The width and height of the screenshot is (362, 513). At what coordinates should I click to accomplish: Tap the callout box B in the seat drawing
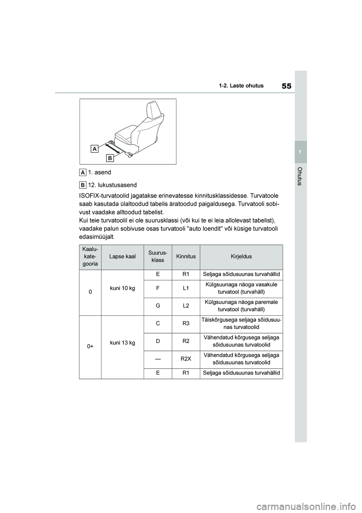(110, 158)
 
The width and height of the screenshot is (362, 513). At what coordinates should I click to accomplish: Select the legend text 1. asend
(100, 173)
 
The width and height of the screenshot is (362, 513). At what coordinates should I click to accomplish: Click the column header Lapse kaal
(122, 257)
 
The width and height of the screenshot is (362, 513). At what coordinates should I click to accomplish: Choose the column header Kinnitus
(186, 257)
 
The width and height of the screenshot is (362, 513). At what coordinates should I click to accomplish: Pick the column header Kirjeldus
(241, 257)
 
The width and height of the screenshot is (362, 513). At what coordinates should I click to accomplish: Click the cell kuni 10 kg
(122, 288)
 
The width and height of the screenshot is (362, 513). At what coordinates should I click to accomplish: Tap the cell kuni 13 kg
(122, 343)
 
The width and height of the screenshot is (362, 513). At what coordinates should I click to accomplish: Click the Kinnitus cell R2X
(186, 358)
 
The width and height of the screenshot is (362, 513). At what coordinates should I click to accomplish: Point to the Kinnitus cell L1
(186, 288)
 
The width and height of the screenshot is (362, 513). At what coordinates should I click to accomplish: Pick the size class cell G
(158, 306)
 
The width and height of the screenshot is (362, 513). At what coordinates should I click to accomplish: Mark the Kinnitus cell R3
(186, 323)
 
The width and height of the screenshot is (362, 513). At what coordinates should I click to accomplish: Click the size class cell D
(158, 341)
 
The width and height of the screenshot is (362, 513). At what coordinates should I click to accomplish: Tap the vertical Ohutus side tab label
(300, 176)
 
